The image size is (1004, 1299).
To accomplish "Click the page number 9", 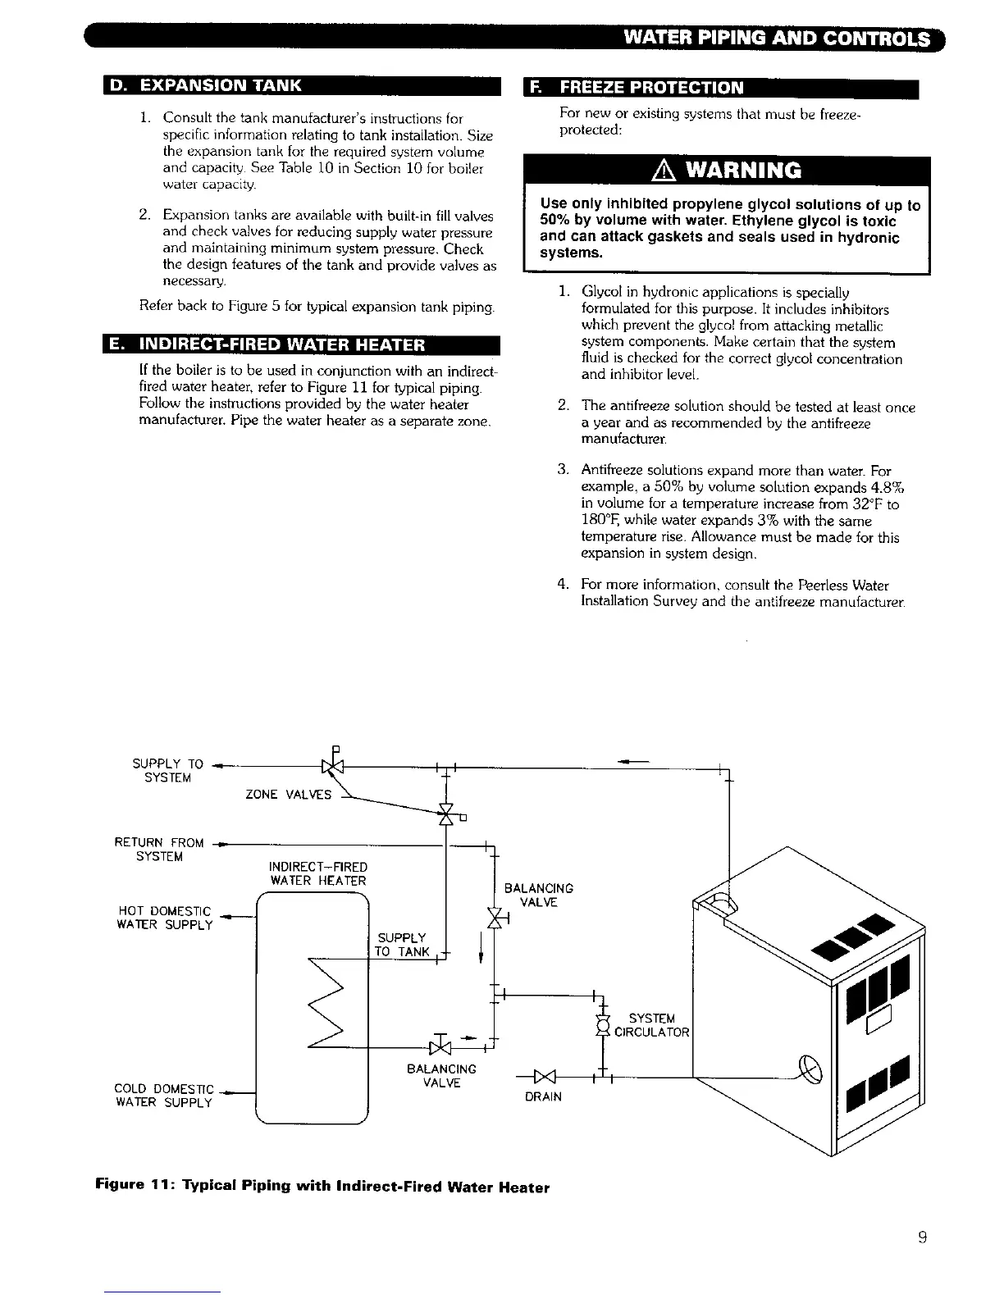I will coord(923,1238).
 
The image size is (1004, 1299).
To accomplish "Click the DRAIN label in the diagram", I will coord(544,1096).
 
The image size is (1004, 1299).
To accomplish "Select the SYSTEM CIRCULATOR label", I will coord(652,1025).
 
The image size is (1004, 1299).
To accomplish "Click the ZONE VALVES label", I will coord(289,794).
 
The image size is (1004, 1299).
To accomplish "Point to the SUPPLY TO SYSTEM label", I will coord(167,771).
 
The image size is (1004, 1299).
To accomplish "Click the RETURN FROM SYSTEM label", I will coord(159,850).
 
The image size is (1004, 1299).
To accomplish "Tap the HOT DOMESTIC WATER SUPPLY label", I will coord(166,918).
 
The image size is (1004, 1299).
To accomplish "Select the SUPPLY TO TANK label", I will coord(402,945).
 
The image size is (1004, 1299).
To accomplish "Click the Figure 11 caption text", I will coord(322,1186).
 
